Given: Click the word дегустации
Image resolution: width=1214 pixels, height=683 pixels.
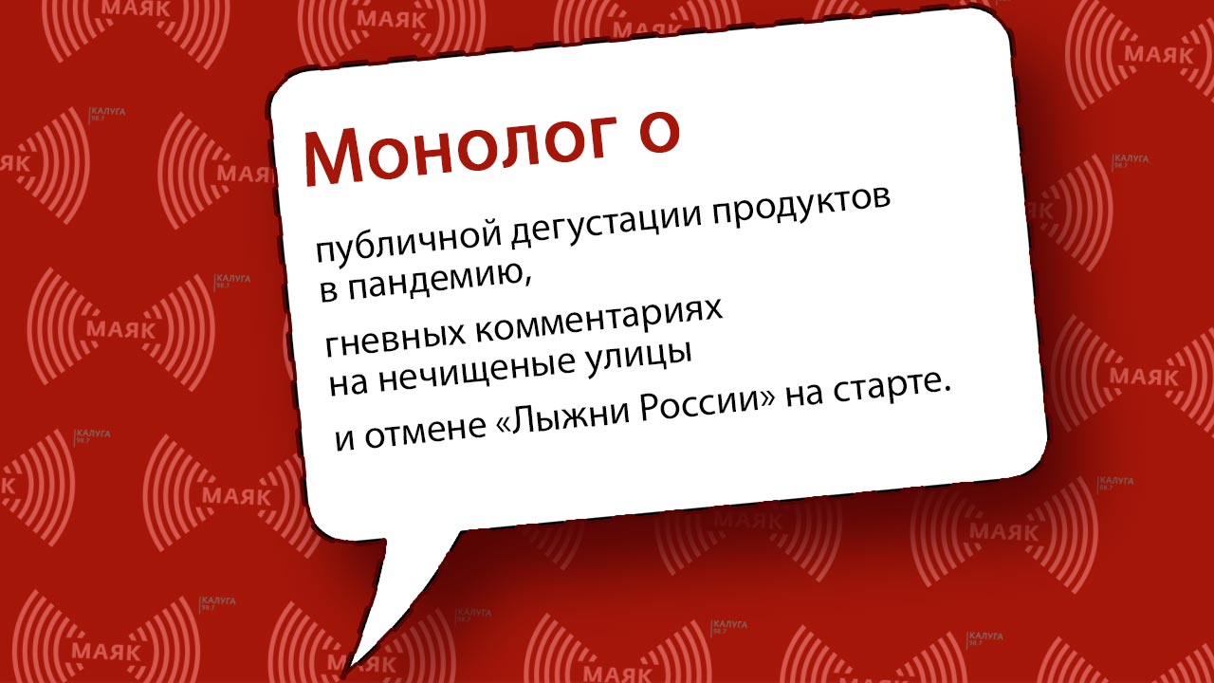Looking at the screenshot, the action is click(x=607, y=223).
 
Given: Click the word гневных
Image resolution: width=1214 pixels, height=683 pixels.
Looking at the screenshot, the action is click(x=395, y=336).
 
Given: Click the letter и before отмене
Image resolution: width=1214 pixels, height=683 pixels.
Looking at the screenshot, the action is click(x=344, y=441).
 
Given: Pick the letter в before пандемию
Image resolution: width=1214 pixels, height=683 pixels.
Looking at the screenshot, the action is click(x=328, y=291).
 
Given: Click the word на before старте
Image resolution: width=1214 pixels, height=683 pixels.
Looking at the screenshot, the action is click(x=804, y=397).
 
